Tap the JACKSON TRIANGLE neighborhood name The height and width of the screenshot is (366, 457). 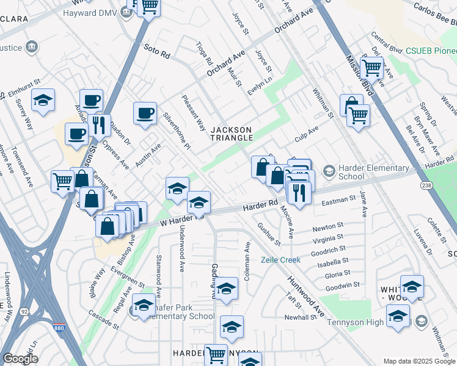232,134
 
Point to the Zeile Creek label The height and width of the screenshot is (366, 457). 281,260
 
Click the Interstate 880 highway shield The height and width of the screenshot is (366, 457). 59,328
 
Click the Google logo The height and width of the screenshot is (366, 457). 20,358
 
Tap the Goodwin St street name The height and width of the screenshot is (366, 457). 342,285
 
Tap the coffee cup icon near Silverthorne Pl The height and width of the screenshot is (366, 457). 145,113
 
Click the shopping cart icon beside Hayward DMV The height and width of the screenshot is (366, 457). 150,8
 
